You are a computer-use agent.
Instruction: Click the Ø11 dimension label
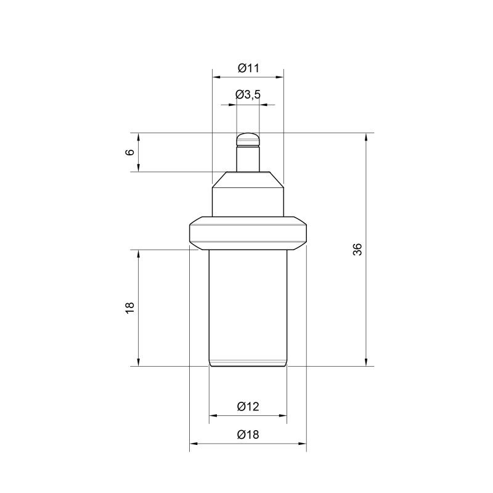click(x=248, y=68)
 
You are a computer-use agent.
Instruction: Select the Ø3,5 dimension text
click(x=248, y=95)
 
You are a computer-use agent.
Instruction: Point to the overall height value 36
click(x=358, y=250)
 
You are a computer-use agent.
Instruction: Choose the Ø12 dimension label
click(x=248, y=407)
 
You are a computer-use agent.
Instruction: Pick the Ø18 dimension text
click(x=248, y=434)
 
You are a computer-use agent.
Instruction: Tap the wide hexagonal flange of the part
click(x=248, y=233)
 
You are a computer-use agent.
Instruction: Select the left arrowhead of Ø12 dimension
click(x=213, y=415)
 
